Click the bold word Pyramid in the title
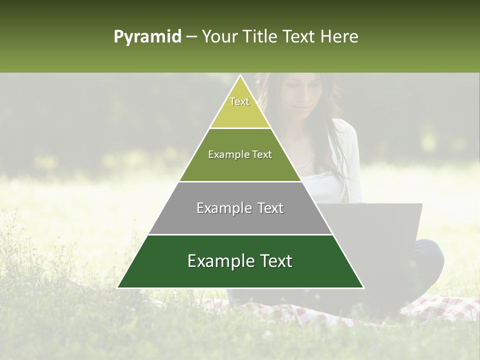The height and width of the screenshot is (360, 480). [147, 37]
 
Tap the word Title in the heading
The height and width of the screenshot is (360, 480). [261, 37]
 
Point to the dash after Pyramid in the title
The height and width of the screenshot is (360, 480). [191, 37]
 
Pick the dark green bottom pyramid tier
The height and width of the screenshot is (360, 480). [240, 272]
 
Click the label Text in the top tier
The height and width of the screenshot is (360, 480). [239, 101]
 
